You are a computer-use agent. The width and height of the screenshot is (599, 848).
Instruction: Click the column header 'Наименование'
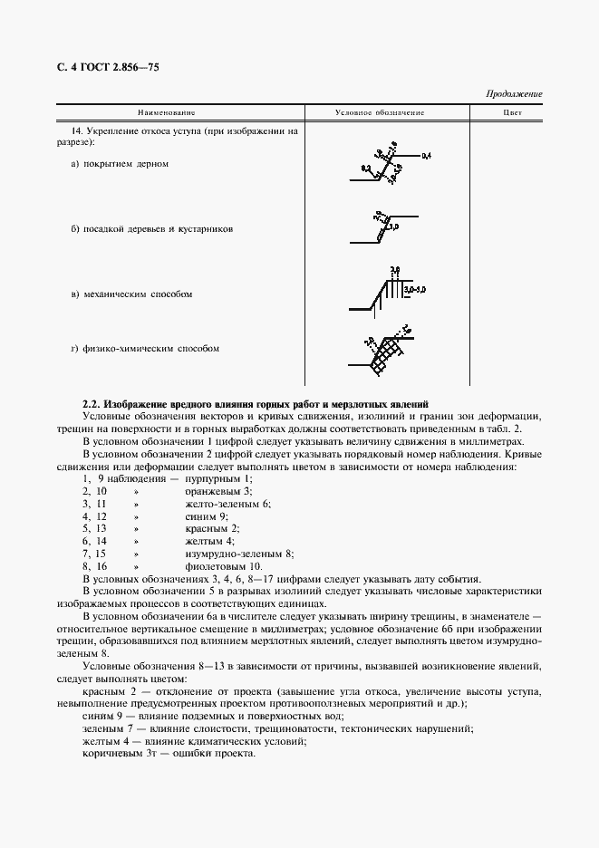[166, 113]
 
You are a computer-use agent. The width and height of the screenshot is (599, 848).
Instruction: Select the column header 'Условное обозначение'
[380, 113]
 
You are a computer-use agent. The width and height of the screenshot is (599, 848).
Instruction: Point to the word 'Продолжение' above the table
[514, 94]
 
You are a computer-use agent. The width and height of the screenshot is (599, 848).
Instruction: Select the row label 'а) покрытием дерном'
[120, 164]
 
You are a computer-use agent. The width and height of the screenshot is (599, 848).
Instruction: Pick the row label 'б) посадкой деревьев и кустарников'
[152, 229]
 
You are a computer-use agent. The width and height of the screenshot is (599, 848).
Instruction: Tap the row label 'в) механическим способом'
[131, 294]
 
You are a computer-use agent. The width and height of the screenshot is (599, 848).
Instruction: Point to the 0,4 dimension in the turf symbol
[426, 157]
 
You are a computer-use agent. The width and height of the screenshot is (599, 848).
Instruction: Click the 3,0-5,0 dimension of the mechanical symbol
[415, 289]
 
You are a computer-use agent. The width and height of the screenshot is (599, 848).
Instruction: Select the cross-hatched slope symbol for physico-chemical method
[383, 349]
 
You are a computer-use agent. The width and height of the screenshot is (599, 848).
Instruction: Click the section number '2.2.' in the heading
[91, 403]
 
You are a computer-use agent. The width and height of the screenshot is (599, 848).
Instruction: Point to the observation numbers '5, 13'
[95, 527]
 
